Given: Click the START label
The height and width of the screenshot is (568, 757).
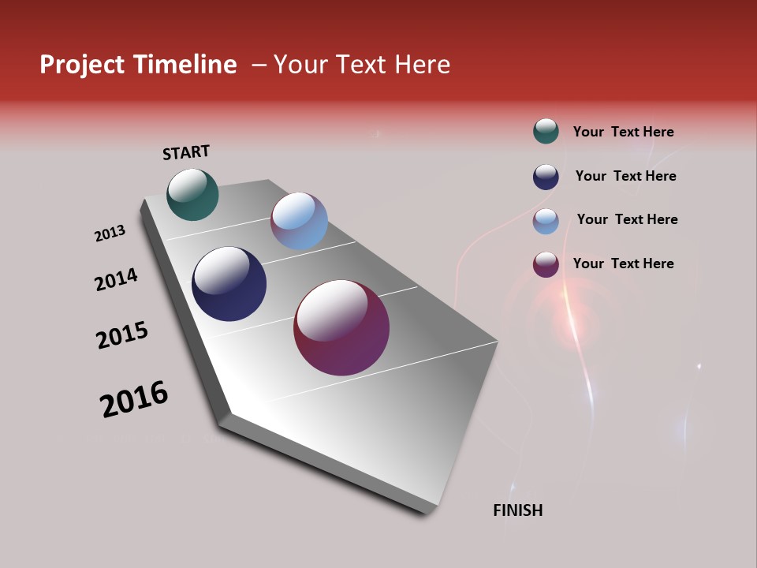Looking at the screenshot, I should (x=186, y=152).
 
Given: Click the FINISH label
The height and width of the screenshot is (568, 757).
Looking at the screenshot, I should (x=518, y=510).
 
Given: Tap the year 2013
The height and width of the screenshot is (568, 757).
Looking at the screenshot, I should (x=110, y=234).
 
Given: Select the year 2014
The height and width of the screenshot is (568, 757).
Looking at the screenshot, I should (x=116, y=279).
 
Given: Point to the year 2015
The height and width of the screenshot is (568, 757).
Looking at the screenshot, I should (x=122, y=334).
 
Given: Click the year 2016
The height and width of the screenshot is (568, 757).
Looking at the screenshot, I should (x=134, y=399).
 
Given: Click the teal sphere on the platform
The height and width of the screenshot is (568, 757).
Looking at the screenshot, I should (x=192, y=194).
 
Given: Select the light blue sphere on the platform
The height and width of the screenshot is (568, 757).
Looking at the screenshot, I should (x=299, y=221).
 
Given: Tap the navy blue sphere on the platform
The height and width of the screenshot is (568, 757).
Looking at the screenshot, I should (x=229, y=284).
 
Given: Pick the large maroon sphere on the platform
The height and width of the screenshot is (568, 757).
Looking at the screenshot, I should (x=341, y=327).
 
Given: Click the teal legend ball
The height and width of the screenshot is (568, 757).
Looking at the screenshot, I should (x=546, y=131).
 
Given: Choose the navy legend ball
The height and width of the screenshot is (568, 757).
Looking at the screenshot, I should (x=546, y=177).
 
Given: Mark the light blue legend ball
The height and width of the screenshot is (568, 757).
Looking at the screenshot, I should (x=546, y=221).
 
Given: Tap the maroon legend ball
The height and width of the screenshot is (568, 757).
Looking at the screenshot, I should (x=546, y=264).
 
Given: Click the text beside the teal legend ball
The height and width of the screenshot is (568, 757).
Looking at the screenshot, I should (x=623, y=132).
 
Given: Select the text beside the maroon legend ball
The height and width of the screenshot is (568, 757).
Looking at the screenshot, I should (x=623, y=263).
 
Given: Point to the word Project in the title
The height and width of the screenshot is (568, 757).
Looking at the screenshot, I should (x=82, y=65).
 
